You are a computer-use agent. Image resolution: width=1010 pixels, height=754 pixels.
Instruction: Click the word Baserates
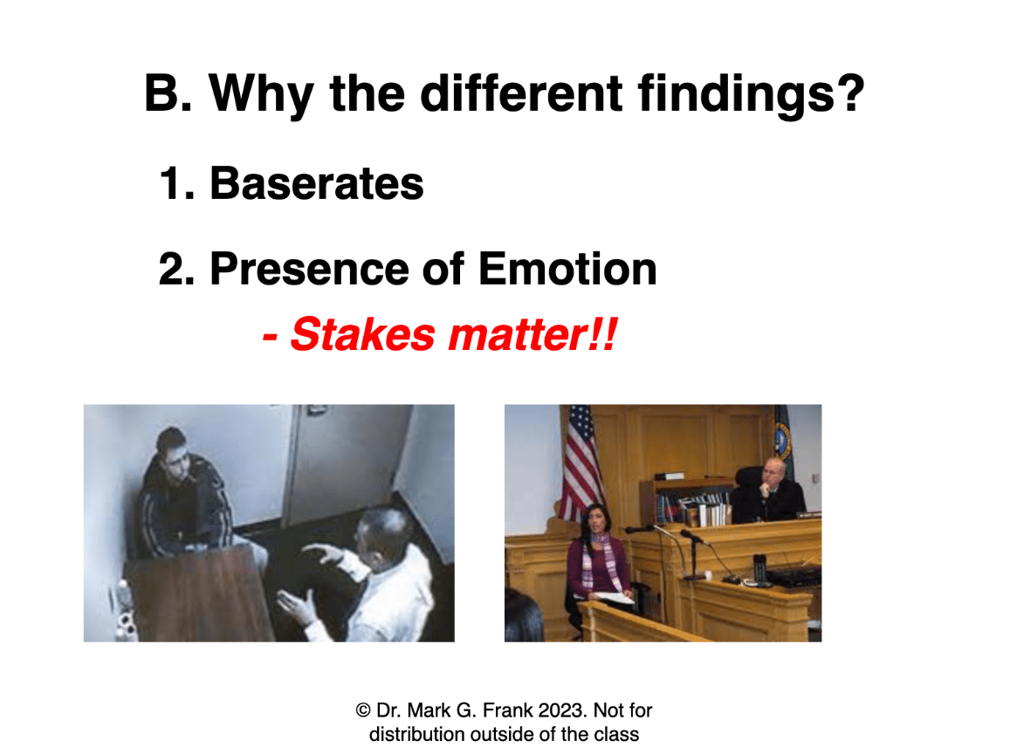coord(316,184)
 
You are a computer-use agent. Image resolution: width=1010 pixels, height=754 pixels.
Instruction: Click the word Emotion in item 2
coord(567,269)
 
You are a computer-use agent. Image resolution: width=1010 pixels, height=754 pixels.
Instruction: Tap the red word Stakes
coord(363,335)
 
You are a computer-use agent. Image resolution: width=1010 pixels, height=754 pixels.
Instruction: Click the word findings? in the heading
coord(751,94)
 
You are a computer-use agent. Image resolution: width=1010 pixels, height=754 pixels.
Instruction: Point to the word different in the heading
coord(521,93)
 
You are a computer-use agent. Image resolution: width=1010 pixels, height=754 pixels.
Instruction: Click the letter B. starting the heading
coord(168,93)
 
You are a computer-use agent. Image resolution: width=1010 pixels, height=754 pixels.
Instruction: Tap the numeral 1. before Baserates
coord(176,184)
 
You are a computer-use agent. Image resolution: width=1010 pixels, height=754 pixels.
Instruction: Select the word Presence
coord(309,269)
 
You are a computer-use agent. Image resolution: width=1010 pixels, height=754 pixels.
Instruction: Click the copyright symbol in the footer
coord(362,711)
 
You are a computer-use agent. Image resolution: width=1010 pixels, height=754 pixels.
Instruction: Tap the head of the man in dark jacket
coord(173,450)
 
